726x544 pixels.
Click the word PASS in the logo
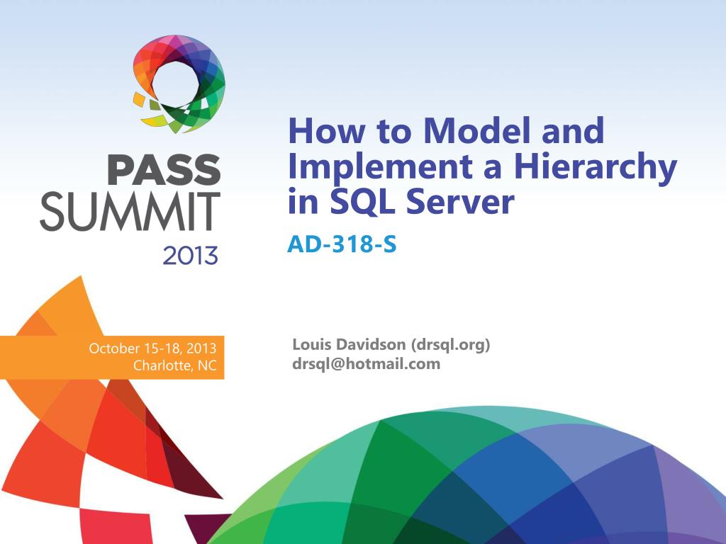point(163,171)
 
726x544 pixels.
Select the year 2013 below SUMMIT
point(190,255)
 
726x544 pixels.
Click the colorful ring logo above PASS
point(180,82)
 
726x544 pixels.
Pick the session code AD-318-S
point(341,244)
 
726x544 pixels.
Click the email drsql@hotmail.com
point(366,364)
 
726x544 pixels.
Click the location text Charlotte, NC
point(174,366)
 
